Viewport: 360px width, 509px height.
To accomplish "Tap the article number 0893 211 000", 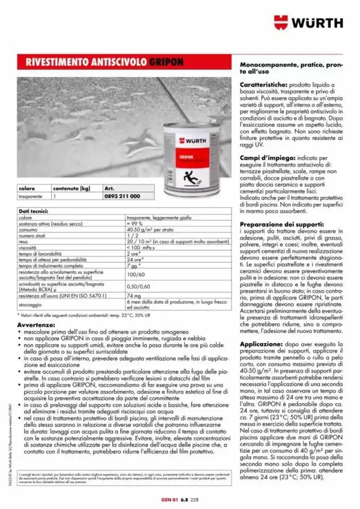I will coord(121,196).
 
